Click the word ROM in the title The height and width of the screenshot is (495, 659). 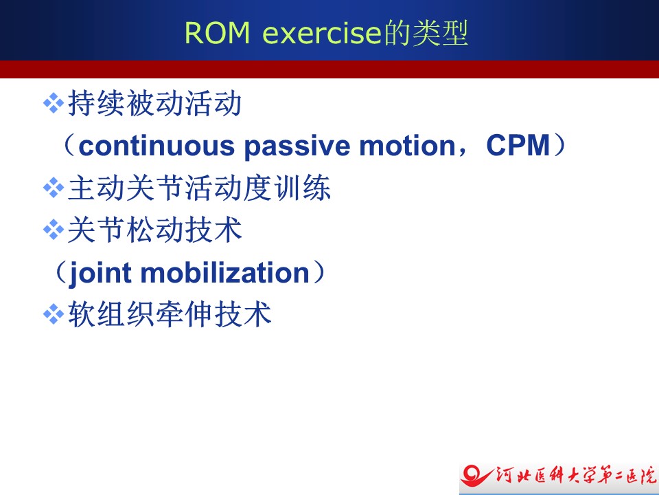tap(217, 33)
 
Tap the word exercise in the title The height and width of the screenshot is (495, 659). tap(321, 33)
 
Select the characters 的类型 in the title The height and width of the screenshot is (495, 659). tap(424, 32)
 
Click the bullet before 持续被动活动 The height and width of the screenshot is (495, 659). tap(54, 103)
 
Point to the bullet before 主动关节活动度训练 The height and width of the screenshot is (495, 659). tap(54, 187)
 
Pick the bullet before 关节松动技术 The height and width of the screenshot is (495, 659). tap(54, 230)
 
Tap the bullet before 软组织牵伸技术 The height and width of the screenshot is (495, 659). tap(54, 314)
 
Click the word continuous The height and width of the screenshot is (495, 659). tap(157, 146)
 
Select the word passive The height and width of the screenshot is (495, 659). tap(297, 146)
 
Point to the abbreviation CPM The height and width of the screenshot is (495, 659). tap(518, 145)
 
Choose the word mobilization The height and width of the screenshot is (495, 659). tap(225, 272)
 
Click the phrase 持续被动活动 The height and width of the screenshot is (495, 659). tap(154, 103)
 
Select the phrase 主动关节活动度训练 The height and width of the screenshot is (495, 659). tap(199, 188)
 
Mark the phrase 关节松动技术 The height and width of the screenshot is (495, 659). tap(154, 230)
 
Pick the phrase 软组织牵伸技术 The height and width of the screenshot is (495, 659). tap(170, 314)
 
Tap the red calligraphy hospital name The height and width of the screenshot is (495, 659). tap(576, 476)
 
